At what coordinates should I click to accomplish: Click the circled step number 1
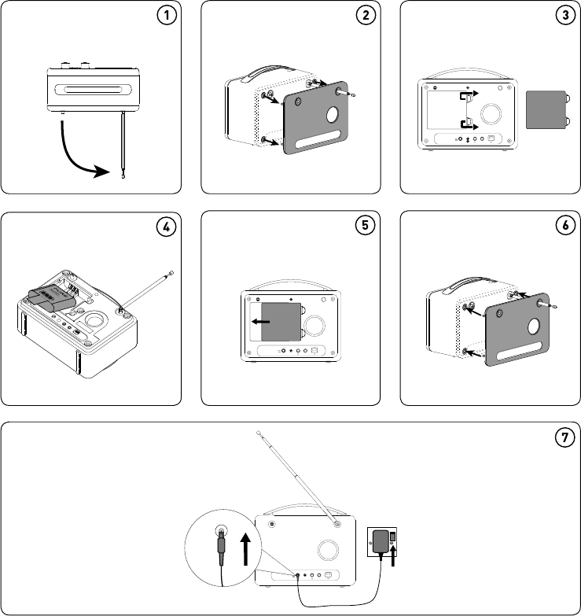tap(167, 15)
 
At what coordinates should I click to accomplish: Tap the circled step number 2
tap(366, 15)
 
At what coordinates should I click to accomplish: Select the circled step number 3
tap(565, 15)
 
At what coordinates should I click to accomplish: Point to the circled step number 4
tap(166, 227)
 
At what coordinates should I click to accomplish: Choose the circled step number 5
tap(365, 226)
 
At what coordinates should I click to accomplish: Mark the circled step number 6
tap(565, 226)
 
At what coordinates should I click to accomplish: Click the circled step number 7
tap(565, 437)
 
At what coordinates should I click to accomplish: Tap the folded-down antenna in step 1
tap(123, 145)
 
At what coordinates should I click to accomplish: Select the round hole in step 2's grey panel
tap(332, 115)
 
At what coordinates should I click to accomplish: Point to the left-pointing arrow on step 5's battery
tap(261, 322)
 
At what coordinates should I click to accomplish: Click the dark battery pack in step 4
tap(52, 300)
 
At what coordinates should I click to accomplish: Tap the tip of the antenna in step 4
tap(171, 273)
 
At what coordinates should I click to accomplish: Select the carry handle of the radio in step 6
tap(468, 284)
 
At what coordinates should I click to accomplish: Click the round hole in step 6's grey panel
tap(534, 326)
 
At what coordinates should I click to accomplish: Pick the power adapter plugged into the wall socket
tap(381, 541)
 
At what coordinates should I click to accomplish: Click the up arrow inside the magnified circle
tap(246, 549)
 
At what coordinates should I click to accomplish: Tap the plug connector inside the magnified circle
tap(222, 547)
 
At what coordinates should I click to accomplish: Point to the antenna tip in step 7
tap(259, 433)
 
